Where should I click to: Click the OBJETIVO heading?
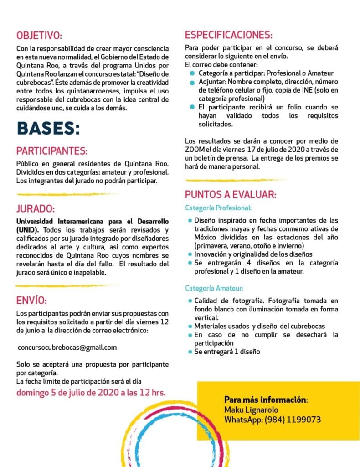pyautogui.click(x=39, y=36)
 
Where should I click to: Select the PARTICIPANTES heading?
pyautogui.click(x=52, y=151)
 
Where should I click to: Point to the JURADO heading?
pyautogui.click(x=35, y=209)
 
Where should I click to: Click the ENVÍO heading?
pyautogui.click(x=31, y=301)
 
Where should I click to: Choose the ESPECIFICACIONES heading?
pyautogui.click(x=228, y=35)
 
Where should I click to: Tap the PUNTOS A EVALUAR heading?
pyautogui.click(x=230, y=195)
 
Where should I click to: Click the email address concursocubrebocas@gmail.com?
pyautogui.click(x=67, y=348)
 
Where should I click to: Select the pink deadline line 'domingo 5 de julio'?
pyautogui.click(x=91, y=392)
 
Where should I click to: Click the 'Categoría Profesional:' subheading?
pyautogui.click(x=218, y=208)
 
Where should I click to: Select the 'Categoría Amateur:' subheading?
pyautogui.click(x=214, y=288)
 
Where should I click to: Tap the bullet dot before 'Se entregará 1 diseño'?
pyautogui.click(x=190, y=352)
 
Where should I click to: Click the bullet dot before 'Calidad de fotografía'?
pyautogui.click(x=190, y=301)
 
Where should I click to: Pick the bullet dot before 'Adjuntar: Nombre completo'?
pyautogui.click(x=193, y=82)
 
